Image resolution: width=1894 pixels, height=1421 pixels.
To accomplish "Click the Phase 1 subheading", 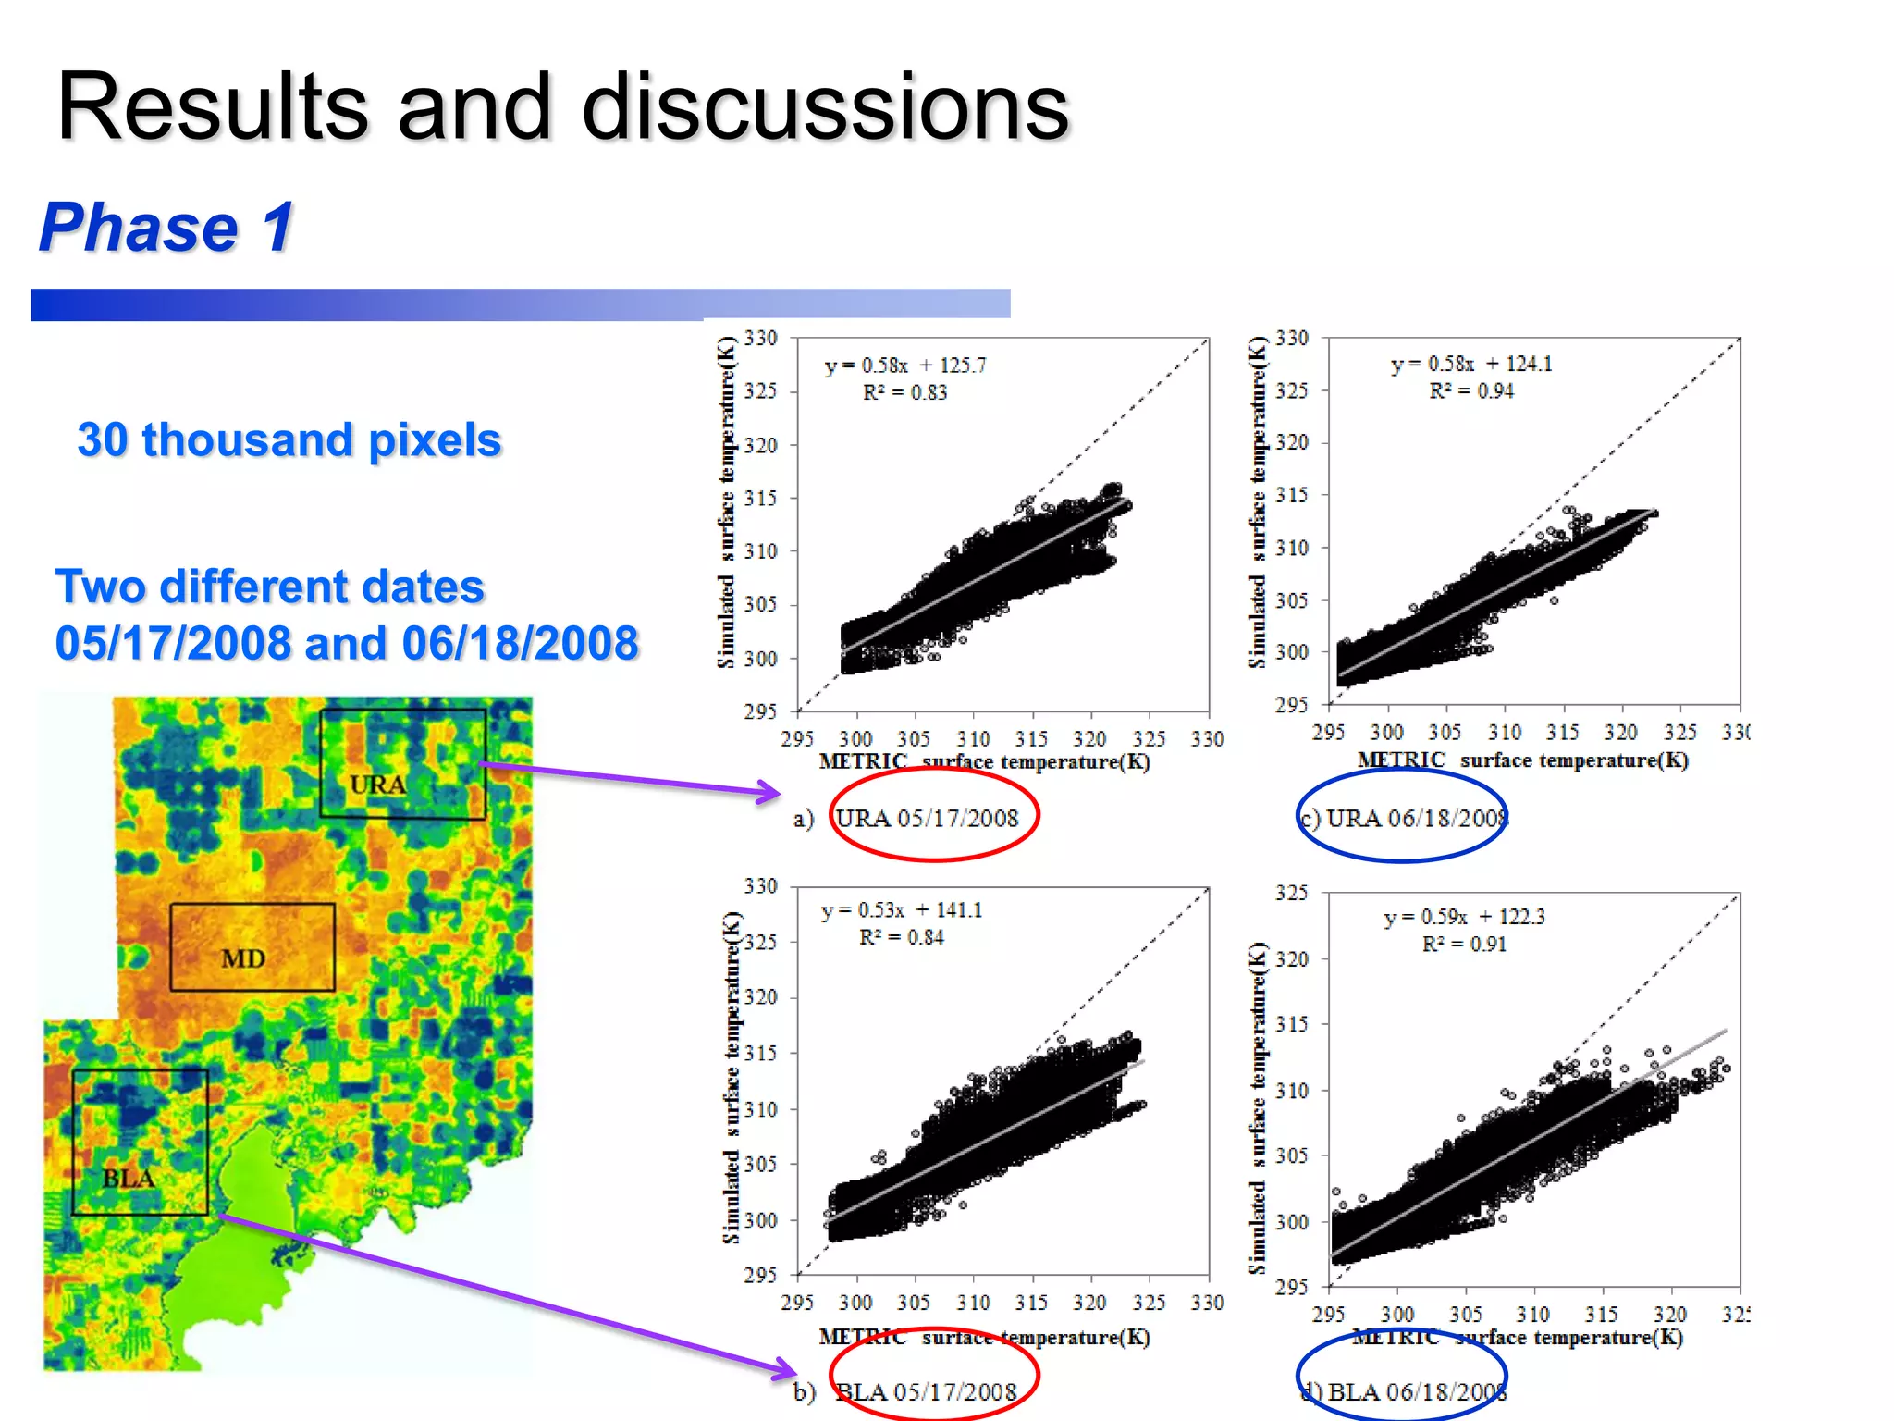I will click(x=166, y=228).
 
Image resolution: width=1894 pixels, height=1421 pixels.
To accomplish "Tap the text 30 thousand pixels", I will click(x=289, y=439).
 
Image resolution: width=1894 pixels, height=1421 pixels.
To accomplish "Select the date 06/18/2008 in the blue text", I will click(x=520, y=643).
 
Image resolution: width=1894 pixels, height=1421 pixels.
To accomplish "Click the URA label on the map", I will click(x=377, y=785).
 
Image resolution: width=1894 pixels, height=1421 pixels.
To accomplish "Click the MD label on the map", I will click(x=243, y=958).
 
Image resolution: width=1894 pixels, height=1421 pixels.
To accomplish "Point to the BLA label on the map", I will click(x=128, y=1179).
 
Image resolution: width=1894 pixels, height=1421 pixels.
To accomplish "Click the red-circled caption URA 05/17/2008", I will click(x=928, y=818).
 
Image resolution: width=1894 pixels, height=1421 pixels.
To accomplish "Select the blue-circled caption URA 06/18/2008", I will click(x=1415, y=818).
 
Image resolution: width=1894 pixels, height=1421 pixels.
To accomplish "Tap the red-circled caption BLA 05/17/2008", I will click(x=927, y=1391).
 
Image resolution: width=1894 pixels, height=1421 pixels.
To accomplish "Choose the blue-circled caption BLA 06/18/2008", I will click(x=1415, y=1391).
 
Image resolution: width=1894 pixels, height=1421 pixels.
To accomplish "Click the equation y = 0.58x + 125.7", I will click(x=904, y=365).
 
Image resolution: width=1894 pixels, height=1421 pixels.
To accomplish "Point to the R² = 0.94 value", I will click(x=1471, y=390).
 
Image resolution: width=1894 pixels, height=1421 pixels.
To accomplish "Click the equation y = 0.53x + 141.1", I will click(x=902, y=910).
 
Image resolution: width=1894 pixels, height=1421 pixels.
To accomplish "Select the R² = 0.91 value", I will click(x=1464, y=944).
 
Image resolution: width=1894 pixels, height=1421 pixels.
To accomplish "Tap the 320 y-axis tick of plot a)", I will click(x=760, y=445).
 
